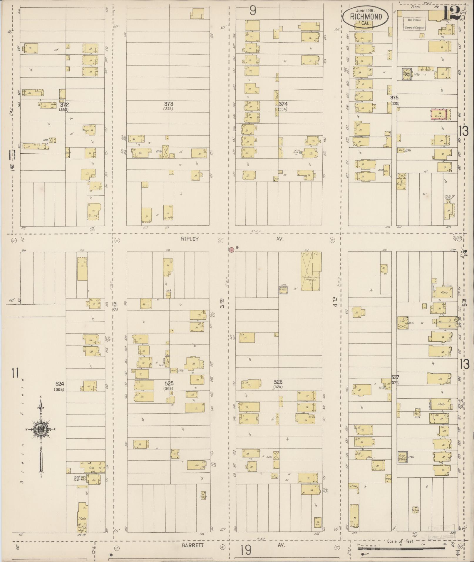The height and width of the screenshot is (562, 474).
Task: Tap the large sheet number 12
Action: [451, 13]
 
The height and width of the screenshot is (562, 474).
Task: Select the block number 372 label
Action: [64, 104]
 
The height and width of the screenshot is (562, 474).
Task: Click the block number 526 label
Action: [278, 382]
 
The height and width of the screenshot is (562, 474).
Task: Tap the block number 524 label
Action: [60, 383]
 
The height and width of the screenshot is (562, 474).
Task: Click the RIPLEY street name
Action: [190, 239]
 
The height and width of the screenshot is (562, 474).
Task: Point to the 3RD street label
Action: [222, 303]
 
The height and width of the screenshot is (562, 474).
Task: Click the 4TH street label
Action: [335, 303]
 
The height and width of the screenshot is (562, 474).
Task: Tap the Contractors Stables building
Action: [310, 271]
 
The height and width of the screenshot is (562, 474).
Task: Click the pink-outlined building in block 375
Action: [440, 114]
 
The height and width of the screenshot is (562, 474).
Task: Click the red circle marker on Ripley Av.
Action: [231, 250]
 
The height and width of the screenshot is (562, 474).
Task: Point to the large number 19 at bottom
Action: [246, 550]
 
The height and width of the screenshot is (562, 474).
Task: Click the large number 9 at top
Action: [253, 11]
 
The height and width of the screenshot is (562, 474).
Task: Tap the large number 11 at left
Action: [15, 374]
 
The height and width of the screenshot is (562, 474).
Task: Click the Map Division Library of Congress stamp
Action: [414, 24]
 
